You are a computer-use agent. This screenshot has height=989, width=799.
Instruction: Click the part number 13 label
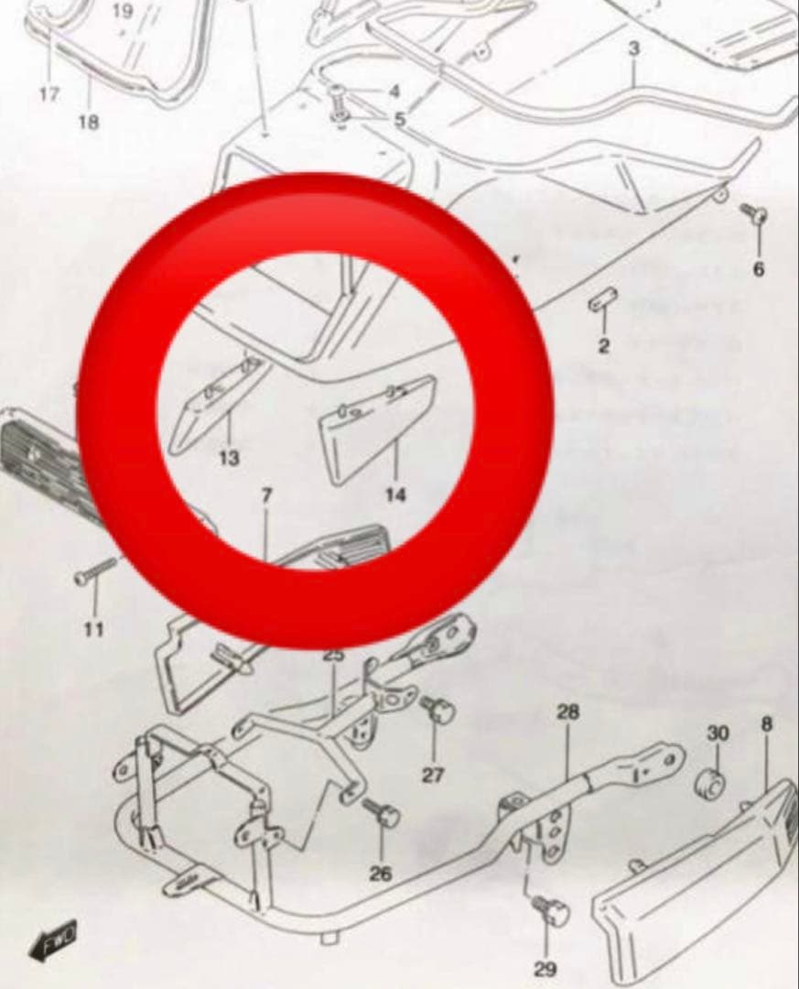coord(229,457)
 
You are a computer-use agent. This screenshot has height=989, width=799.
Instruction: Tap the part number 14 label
coord(395,494)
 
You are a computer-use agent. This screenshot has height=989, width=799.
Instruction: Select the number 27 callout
coord(433,775)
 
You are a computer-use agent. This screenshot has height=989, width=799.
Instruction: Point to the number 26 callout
coord(381,873)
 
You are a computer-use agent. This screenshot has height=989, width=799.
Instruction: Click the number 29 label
coord(545,968)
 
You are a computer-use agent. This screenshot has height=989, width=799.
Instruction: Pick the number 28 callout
coord(568,712)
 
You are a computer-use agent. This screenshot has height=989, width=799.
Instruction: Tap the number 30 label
coord(718,734)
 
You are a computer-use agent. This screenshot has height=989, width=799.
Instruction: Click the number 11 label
coord(93,629)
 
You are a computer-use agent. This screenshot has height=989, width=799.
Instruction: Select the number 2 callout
coord(604,345)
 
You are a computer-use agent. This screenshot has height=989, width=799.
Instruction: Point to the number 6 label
coord(760,269)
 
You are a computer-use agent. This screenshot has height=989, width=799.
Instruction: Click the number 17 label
coord(49,93)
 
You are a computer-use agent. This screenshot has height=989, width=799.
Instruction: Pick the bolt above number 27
coord(438,709)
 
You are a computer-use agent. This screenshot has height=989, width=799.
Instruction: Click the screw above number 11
coord(94,571)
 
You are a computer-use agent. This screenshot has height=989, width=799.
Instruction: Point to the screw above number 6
coord(755,215)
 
